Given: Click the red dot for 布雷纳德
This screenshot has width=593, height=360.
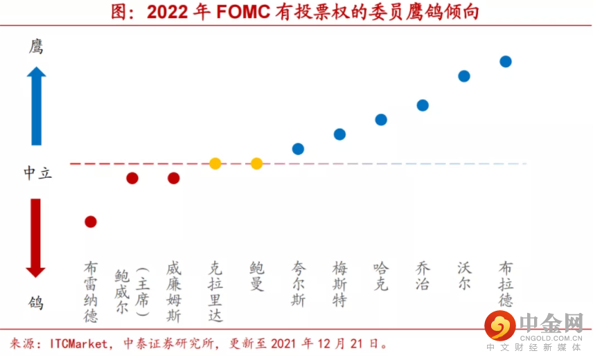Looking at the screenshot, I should (91, 222).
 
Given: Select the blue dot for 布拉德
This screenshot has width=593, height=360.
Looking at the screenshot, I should (506, 62).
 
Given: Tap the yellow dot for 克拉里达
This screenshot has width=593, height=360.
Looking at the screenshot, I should (215, 163).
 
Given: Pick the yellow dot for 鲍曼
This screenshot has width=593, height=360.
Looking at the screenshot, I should (257, 163).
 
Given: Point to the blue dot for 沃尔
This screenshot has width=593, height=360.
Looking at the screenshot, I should (464, 76).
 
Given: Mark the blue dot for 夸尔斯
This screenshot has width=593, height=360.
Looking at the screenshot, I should (298, 149).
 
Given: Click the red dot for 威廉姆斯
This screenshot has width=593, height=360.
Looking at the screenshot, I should (174, 178).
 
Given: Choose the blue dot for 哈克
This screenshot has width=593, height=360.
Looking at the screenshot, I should (381, 120).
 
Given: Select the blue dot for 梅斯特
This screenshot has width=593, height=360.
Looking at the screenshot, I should (339, 134).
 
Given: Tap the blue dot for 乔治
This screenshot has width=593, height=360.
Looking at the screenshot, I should (423, 105).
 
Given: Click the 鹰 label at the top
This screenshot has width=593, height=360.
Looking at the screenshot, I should (36, 47).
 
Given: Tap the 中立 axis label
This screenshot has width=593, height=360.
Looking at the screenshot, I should (37, 172).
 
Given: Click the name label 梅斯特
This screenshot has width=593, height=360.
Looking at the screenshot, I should (339, 284).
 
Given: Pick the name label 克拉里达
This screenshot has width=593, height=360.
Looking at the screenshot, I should (215, 291).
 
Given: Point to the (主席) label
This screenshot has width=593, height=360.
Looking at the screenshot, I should (142, 291).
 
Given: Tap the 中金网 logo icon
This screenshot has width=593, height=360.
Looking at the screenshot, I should (499, 325).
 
